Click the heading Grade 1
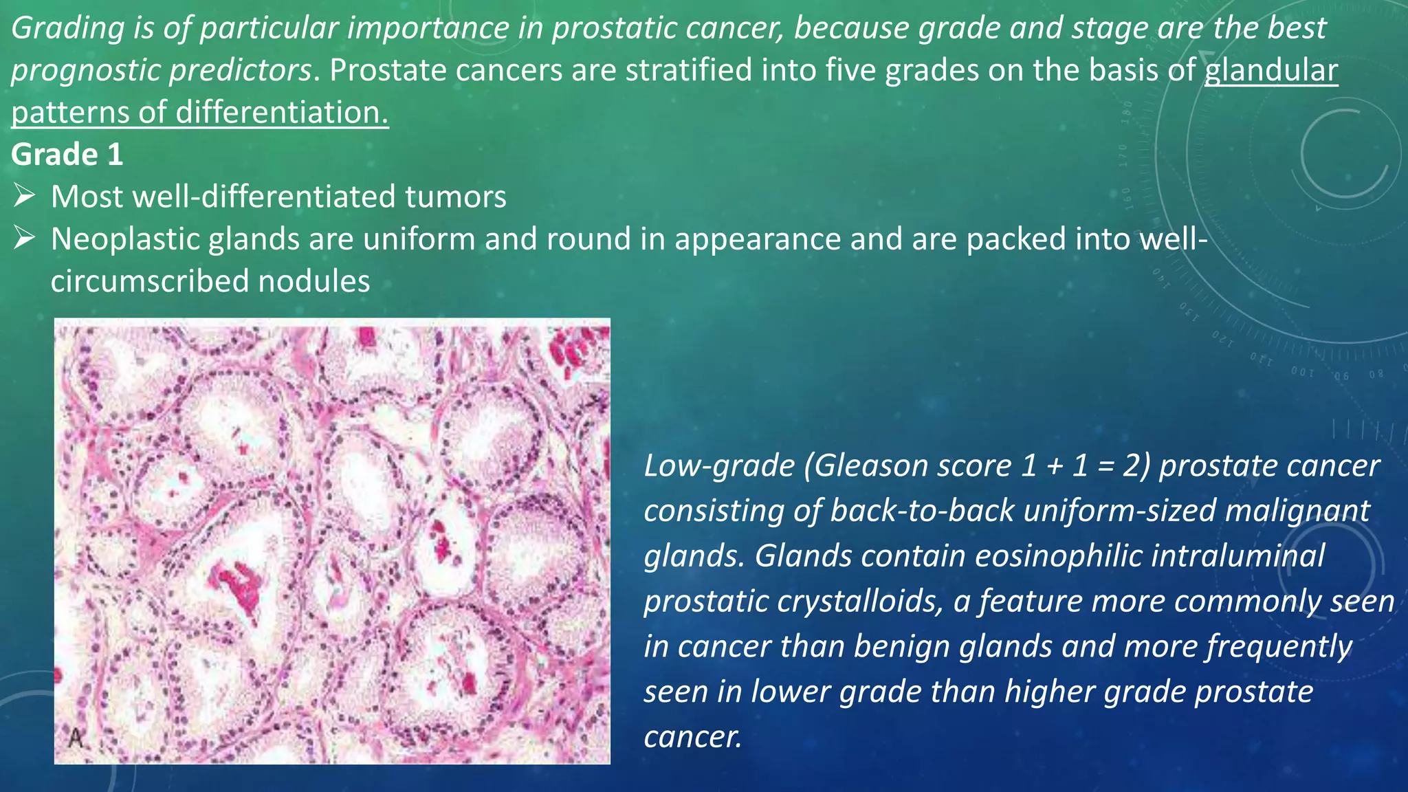coord(67,155)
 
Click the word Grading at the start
coord(67,28)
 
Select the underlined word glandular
coord(1270,71)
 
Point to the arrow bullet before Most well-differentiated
coord(24,197)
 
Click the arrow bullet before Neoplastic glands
coord(24,239)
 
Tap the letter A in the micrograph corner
coord(76,738)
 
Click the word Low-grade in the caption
coord(718,466)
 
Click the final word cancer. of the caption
coord(692,737)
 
